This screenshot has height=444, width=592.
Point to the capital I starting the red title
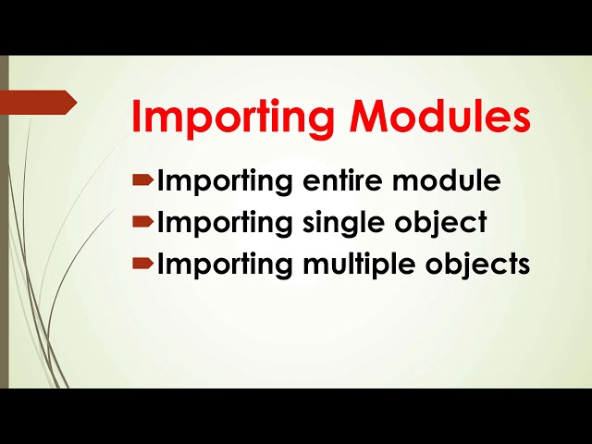(137, 118)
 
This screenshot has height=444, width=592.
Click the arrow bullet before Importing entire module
(142, 180)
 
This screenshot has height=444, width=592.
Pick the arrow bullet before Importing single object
(142, 222)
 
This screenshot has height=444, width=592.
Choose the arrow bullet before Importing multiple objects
(142, 264)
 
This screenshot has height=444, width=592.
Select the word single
(343, 224)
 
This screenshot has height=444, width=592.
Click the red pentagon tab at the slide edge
(43, 102)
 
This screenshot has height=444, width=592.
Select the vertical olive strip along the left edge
(4, 222)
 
